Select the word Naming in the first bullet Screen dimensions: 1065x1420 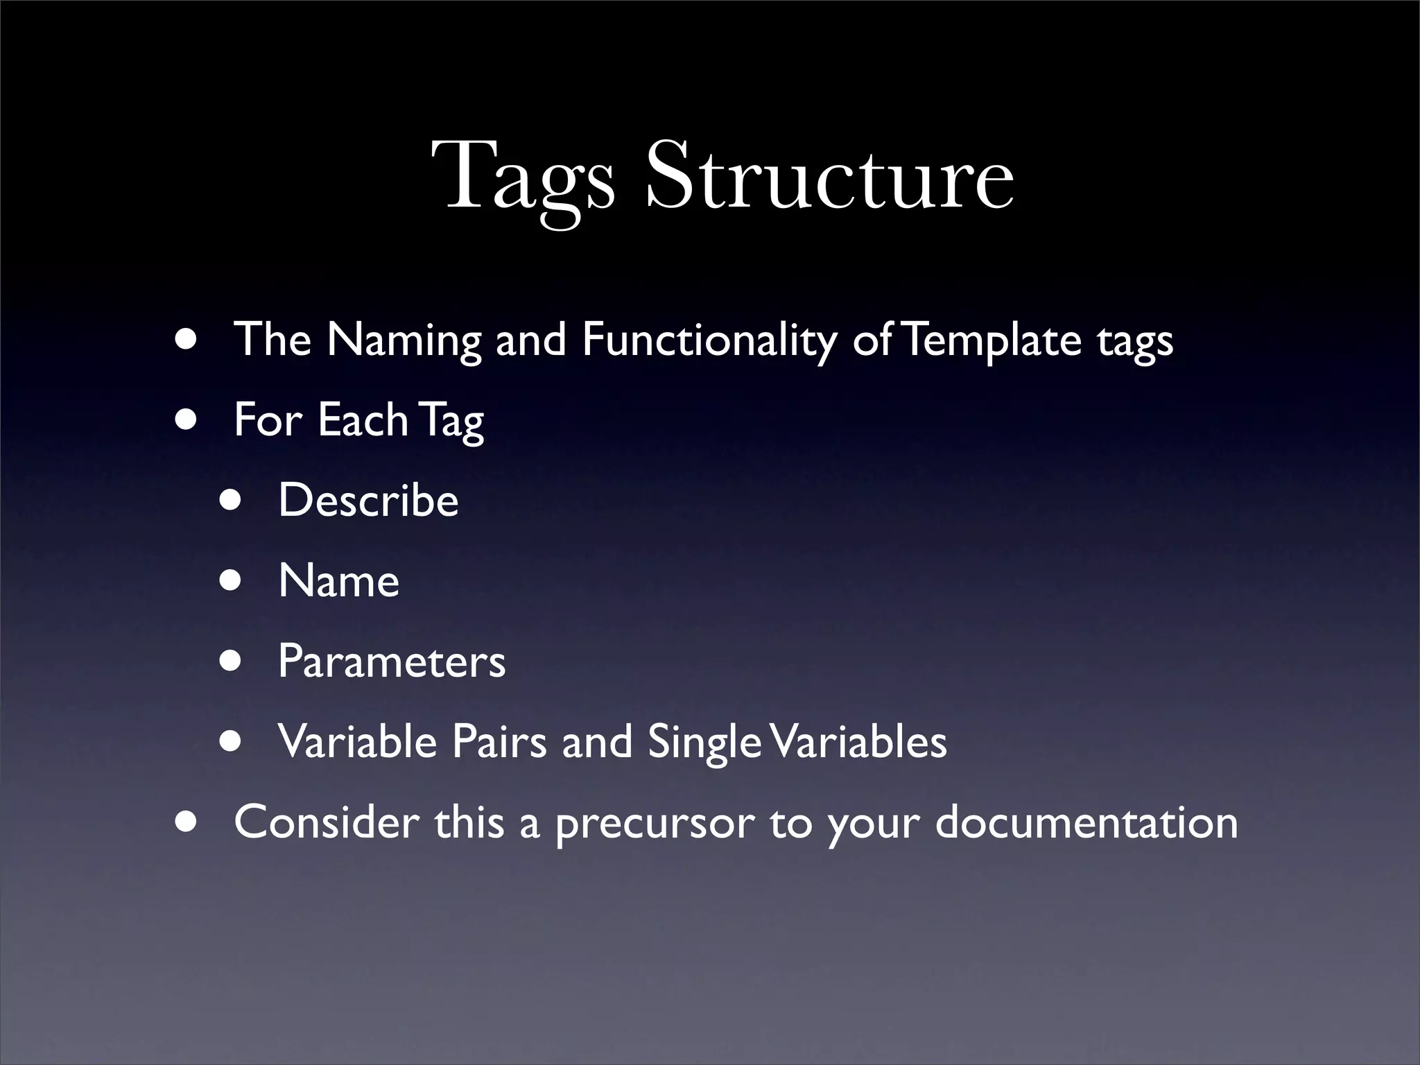pos(404,341)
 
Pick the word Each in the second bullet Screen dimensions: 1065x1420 pos(363,420)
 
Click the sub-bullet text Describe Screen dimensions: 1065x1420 pos(368,500)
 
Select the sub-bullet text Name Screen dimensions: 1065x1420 pos(338,580)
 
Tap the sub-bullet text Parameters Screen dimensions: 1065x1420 pos(392,661)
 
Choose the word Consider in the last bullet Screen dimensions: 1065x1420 pos(326,822)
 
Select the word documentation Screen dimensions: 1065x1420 pos(1086,822)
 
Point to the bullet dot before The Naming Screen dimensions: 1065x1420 pos(185,340)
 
